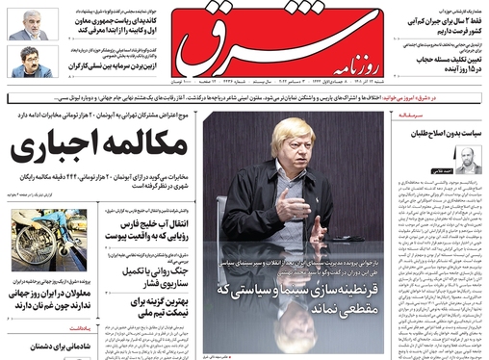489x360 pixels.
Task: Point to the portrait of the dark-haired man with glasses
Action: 26,63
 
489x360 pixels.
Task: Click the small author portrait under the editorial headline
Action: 465,162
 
